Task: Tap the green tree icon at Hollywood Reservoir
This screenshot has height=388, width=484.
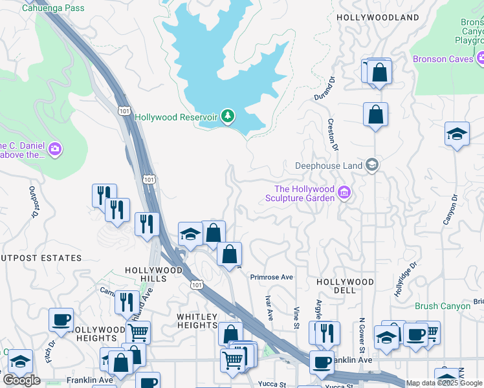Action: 227,116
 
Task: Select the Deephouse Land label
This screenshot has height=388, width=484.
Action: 329,166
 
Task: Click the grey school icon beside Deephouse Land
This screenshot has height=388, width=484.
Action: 371,165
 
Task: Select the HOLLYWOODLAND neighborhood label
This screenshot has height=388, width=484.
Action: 377,17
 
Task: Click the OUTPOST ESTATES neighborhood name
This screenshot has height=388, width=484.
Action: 41,258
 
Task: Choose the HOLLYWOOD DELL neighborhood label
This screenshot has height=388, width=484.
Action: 345,286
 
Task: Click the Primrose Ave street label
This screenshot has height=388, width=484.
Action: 272,277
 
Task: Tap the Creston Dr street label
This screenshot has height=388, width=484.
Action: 333,134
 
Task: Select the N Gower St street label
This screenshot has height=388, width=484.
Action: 362,334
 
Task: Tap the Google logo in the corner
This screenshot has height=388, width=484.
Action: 21,380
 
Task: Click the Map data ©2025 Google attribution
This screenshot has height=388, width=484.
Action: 444,383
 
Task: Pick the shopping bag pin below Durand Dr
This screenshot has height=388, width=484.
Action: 375,116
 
